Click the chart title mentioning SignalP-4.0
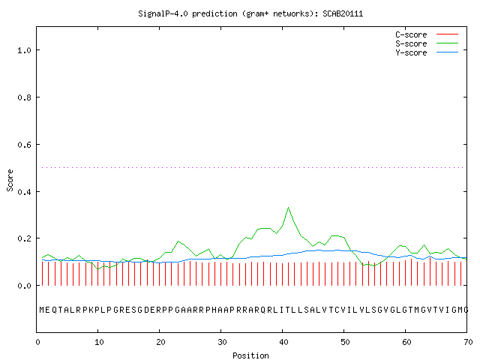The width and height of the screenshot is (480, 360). pyautogui.click(x=250, y=13)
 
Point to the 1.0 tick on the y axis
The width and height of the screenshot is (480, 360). pyautogui.click(x=24, y=50)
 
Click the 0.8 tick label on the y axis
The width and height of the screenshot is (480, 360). pyautogui.click(x=24, y=97)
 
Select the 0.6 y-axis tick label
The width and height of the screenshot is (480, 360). pyautogui.click(x=24, y=145)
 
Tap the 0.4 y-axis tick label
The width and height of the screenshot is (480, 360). pyautogui.click(x=24, y=192)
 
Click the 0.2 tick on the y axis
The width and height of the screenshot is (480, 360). pyautogui.click(x=24, y=238)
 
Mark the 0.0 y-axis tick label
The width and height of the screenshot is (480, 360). pyautogui.click(x=24, y=286)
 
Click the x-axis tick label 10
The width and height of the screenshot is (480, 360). pyautogui.click(x=99, y=342)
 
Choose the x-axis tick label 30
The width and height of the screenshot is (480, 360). pyautogui.click(x=222, y=342)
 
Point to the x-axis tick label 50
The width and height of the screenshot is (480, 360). pyautogui.click(x=345, y=342)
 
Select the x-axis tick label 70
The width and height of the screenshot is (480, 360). pyautogui.click(x=468, y=342)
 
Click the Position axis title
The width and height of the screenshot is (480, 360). pyautogui.click(x=250, y=355)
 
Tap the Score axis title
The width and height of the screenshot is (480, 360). pyautogui.click(x=10, y=180)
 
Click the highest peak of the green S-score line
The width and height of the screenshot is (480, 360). pyautogui.click(x=288, y=208)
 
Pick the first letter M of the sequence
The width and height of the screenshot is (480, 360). pyautogui.click(x=42, y=310)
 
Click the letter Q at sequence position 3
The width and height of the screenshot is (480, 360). pyautogui.click(x=55, y=310)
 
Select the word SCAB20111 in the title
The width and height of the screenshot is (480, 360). pyautogui.click(x=343, y=13)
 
